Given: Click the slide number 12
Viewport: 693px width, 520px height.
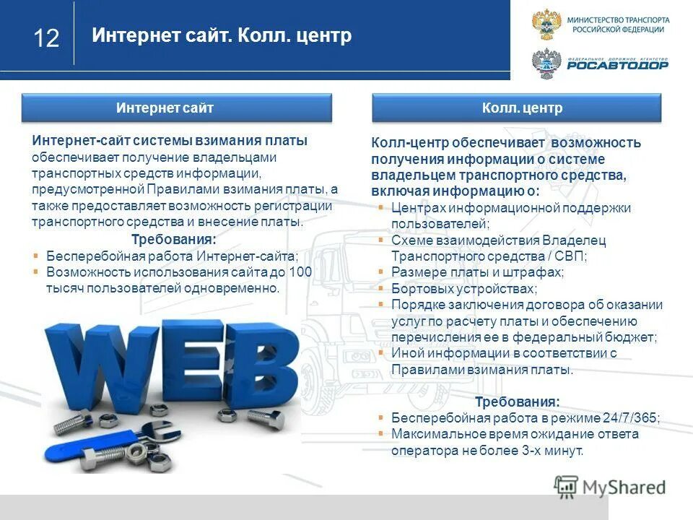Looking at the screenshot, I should [46, 38].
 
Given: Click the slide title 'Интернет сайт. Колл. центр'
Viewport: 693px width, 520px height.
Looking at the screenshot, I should [222, 36].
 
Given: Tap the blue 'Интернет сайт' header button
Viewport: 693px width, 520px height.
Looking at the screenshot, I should [176, 108].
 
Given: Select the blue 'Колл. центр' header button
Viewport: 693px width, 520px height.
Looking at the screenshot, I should [517, 108].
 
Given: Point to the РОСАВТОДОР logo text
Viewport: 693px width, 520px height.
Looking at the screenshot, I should [617, 65].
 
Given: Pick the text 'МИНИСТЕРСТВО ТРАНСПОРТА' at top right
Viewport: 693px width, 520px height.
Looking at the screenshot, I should [618, 19].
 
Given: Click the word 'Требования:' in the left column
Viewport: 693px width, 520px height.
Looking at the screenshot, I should [173, 240].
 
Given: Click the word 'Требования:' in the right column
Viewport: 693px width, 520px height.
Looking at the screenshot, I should [517, 402].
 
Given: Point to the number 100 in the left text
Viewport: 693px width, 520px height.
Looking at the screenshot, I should [300, 272].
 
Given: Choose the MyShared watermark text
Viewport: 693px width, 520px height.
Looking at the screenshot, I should [623, 487].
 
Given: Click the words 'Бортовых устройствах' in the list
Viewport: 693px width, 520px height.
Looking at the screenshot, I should [453, 288].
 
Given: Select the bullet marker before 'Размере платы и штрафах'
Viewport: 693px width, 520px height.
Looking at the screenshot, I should [380, 272].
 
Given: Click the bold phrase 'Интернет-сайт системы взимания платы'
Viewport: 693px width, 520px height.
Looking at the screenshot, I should [170, 141].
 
